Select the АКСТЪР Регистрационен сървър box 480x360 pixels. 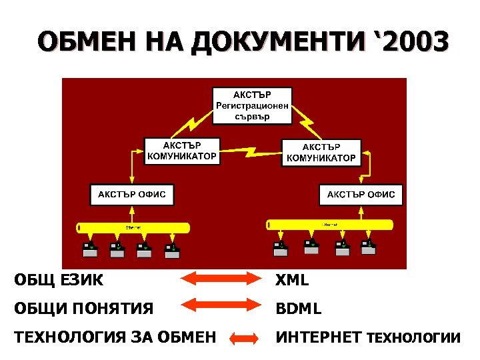coord(253,105)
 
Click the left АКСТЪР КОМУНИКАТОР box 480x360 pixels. coord(181,151)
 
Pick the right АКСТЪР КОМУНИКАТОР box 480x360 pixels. coord(321,153)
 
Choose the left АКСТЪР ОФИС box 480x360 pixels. coord(132,195)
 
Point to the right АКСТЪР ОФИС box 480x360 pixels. coord(361,195)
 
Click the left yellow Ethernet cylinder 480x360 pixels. coord(133,227)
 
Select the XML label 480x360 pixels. coord(293,281)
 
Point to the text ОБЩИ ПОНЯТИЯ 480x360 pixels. coord(84,309)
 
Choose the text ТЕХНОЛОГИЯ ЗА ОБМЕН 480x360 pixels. coord(115,337)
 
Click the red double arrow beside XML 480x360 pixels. coord(215,280)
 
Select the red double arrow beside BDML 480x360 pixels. coord(215,305)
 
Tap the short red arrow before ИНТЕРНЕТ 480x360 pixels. coord(243,338)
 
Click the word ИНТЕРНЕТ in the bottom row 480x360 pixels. coord(318,337)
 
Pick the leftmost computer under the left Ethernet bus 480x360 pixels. coord(89,249)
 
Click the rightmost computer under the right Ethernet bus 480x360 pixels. coord(368,248)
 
